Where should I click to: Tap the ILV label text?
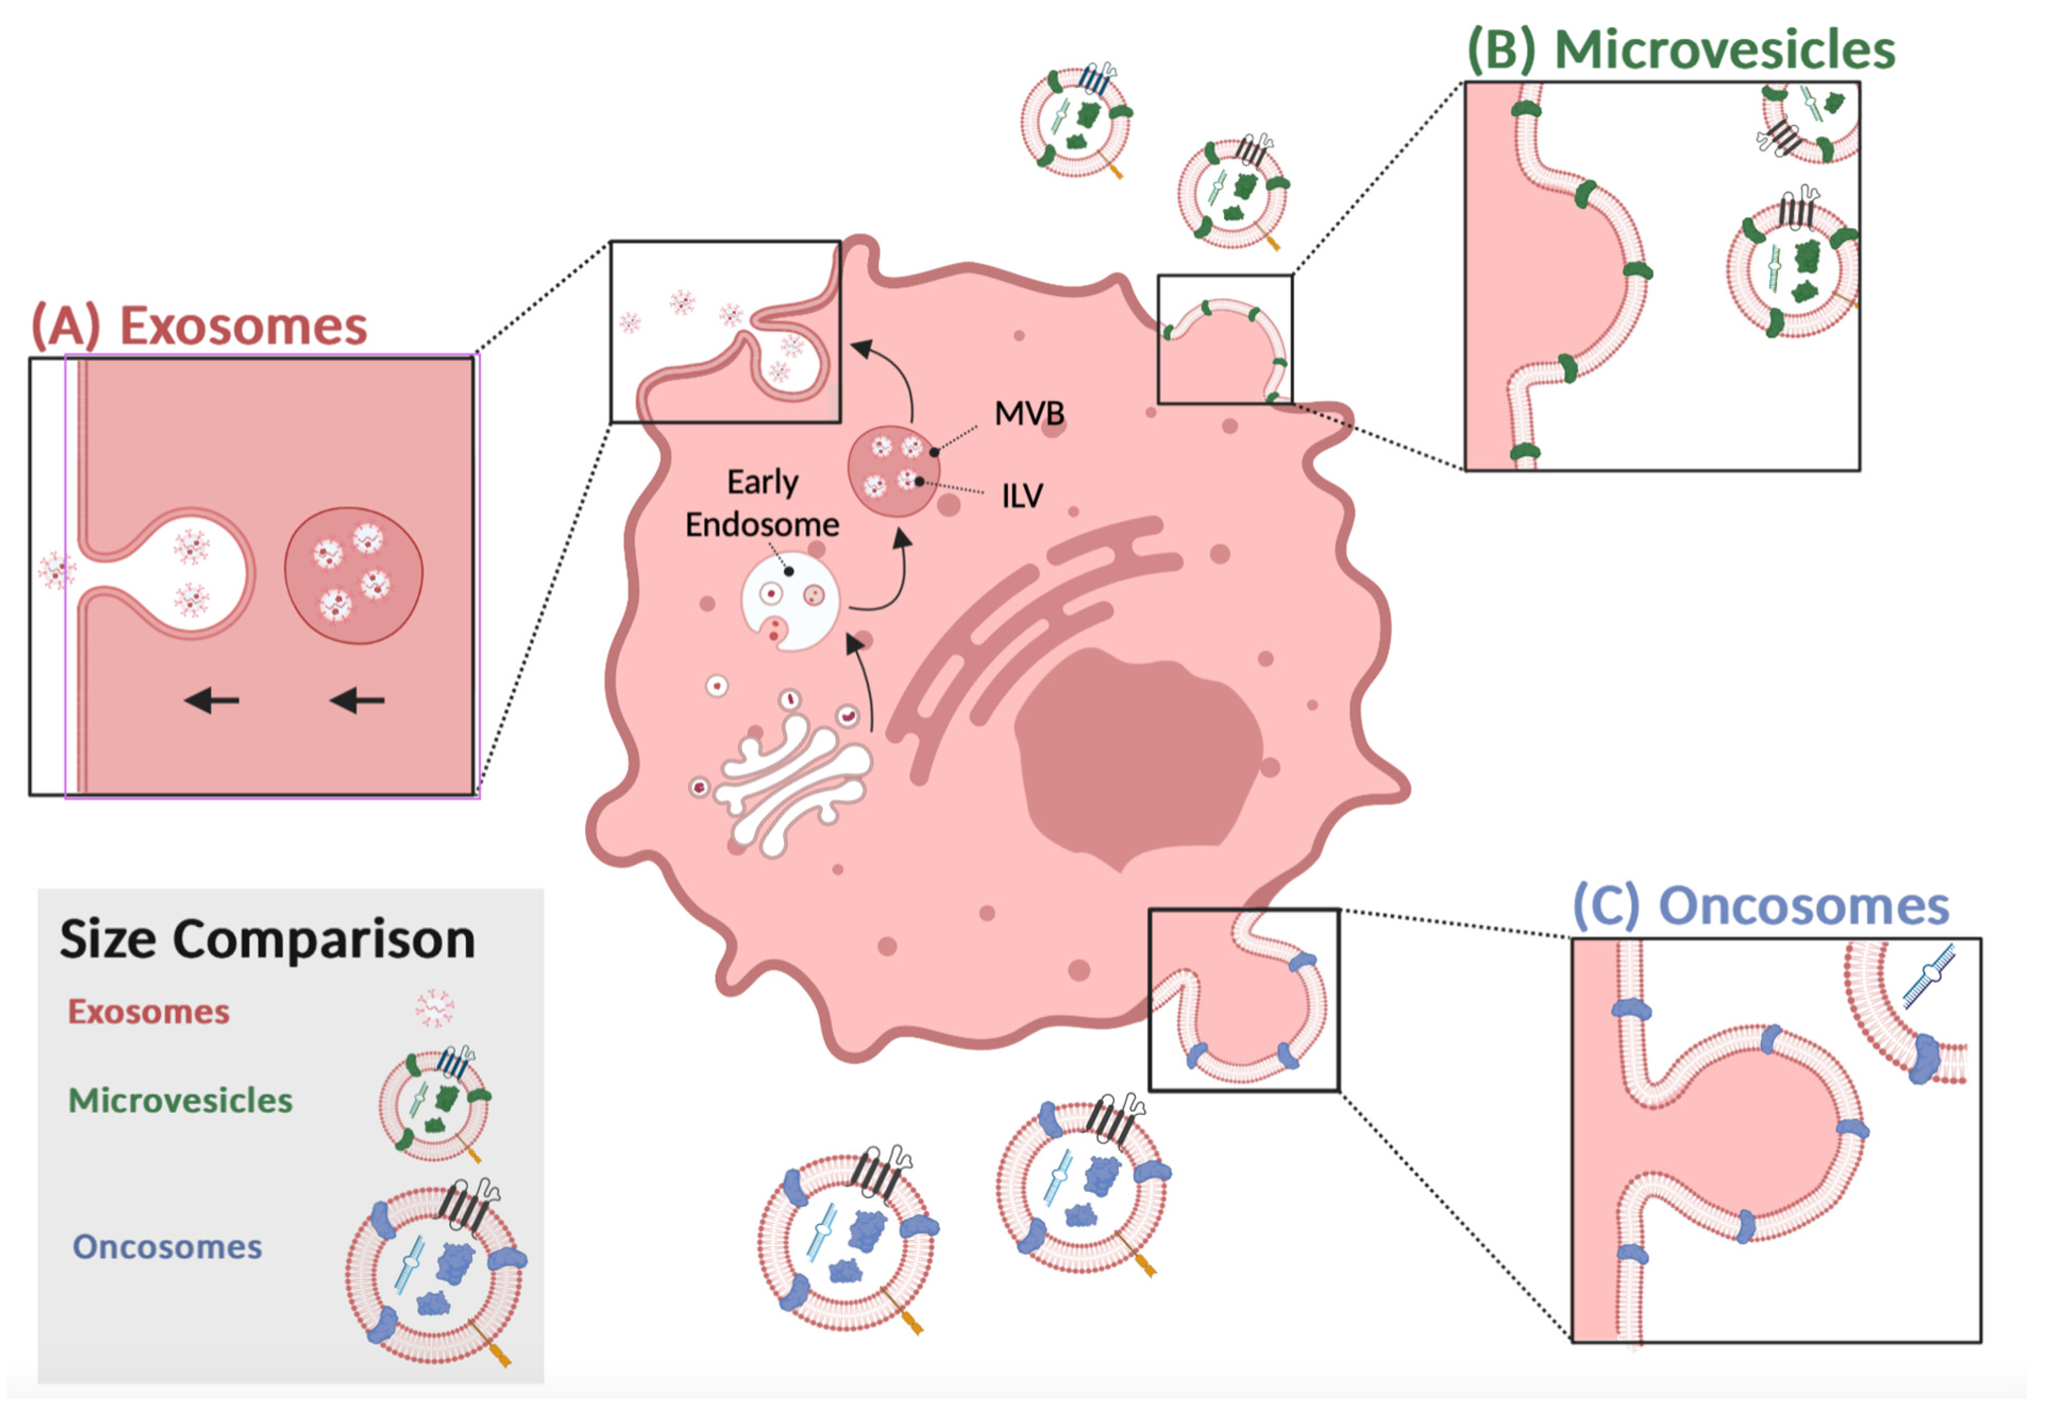(1022, 496)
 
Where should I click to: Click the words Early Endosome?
(762, 503)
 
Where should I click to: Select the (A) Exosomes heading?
(199, 326)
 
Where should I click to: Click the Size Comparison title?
(267, 939)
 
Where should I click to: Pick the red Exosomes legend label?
(149, 1012)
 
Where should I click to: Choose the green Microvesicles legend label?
(181, 1101)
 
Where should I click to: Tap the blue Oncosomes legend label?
(167, 1247)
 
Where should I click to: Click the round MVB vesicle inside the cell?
(893, 470)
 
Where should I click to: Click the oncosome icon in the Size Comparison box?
(436, 1271)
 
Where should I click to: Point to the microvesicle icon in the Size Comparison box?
(434, 1103)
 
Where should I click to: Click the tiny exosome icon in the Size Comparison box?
(434, 1008)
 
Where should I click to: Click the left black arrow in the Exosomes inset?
(212, 701)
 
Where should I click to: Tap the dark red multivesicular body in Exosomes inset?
(353, 576)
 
